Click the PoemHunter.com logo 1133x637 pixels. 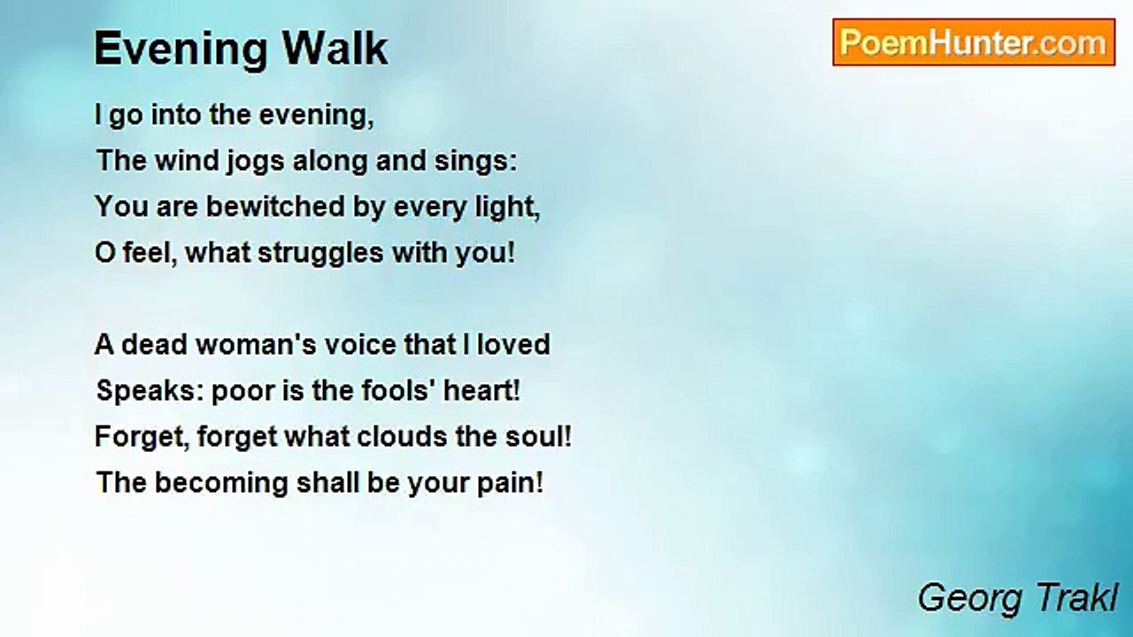point(974,42)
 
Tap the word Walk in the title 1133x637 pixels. point(341,49)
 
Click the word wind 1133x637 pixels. point(180,161)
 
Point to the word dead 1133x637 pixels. point(153,344)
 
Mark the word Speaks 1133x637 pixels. point(150,391)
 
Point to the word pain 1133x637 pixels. point(509,484)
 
